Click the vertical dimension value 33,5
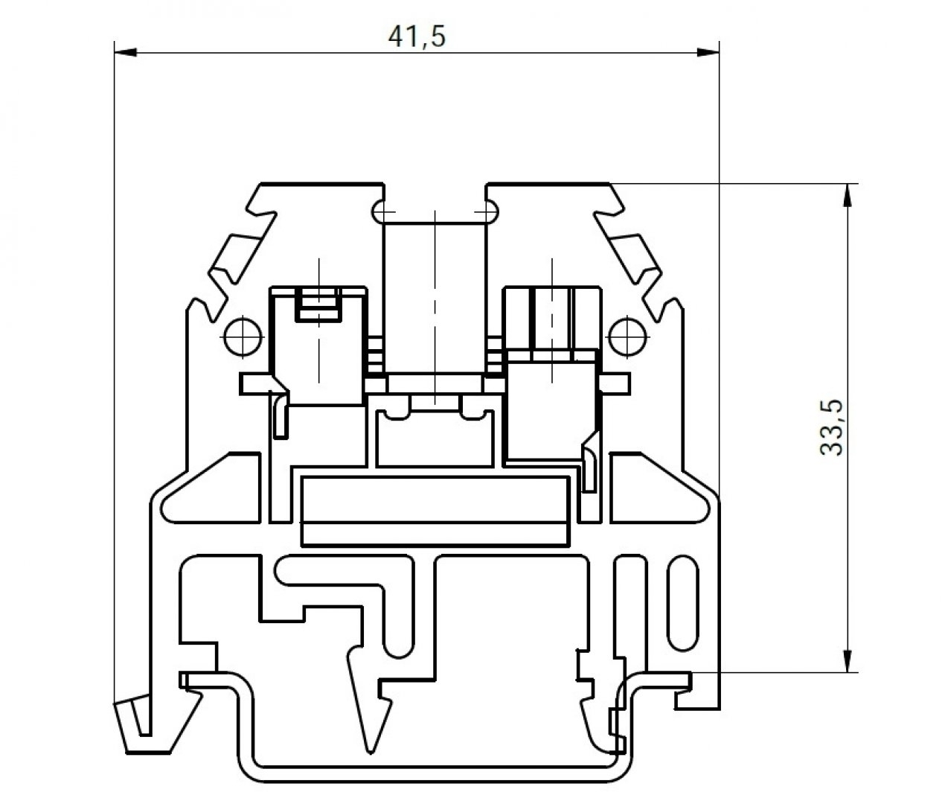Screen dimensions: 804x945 830,427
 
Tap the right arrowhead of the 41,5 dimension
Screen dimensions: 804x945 709,52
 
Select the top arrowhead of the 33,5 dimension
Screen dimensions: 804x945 846,193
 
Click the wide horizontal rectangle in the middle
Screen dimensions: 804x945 435,511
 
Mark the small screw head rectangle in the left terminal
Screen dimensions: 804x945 318,304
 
